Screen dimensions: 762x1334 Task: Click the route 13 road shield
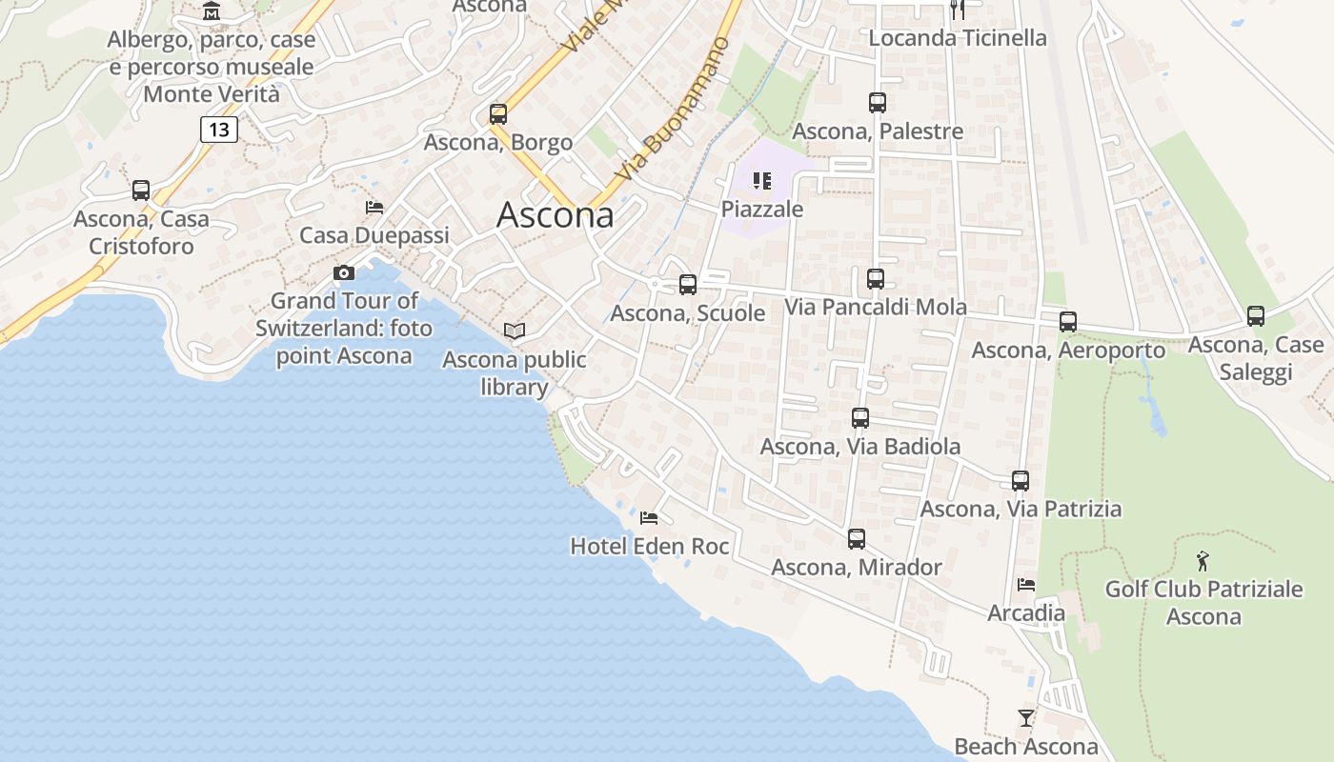tap(219, 129)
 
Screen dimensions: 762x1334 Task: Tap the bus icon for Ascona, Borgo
tap(498, 114)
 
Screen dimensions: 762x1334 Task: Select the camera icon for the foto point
tap(344, 273)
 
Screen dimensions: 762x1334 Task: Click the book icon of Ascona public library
tap(515, 331)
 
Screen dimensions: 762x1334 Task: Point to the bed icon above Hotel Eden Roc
tap(649, 518)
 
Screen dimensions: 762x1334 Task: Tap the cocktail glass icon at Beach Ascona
tap(1026, 718)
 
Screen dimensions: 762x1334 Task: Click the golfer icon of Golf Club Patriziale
tap(1203, 560)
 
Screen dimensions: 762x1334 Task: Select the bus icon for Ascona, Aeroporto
tap(1068, 322)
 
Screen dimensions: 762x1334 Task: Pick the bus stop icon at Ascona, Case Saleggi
tap(1256, 316)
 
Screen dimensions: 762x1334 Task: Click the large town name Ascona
tap(556, 215)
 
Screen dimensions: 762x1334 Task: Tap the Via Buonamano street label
tap(673, 110)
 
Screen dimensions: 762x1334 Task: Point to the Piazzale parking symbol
tap(761, 180)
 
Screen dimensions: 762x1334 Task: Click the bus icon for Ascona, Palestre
tap(878, 103)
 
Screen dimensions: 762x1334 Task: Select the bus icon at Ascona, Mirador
tap(857, 539)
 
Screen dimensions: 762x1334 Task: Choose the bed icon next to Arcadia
tap(1026, 584)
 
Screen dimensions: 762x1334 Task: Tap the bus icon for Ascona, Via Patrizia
tap(1021, 481)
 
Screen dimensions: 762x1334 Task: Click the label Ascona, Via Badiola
tap(860, 446)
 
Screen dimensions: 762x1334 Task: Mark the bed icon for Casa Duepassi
tap(374, 208)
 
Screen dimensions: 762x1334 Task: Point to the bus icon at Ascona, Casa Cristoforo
tap(141, 190)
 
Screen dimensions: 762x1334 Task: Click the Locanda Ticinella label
tap(958, 38)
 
